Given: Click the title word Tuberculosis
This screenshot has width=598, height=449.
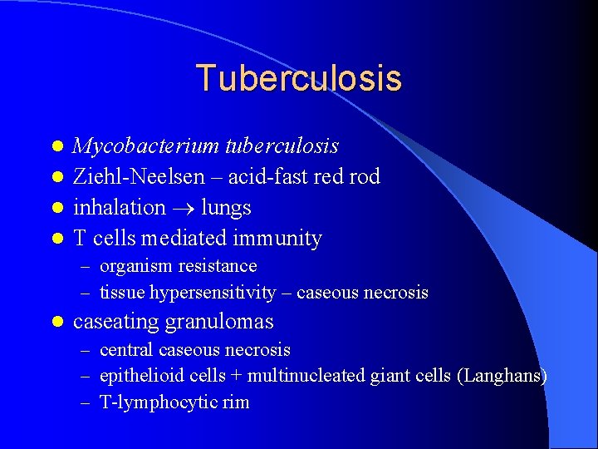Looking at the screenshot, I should pos(299,78).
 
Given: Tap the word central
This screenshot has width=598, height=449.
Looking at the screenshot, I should pos(126,350).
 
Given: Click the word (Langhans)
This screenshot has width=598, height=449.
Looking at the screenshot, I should pos(502,376).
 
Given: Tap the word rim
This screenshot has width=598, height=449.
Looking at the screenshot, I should pos(232,402).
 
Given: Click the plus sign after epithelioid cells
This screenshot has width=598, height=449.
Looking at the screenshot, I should pos(237,376).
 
